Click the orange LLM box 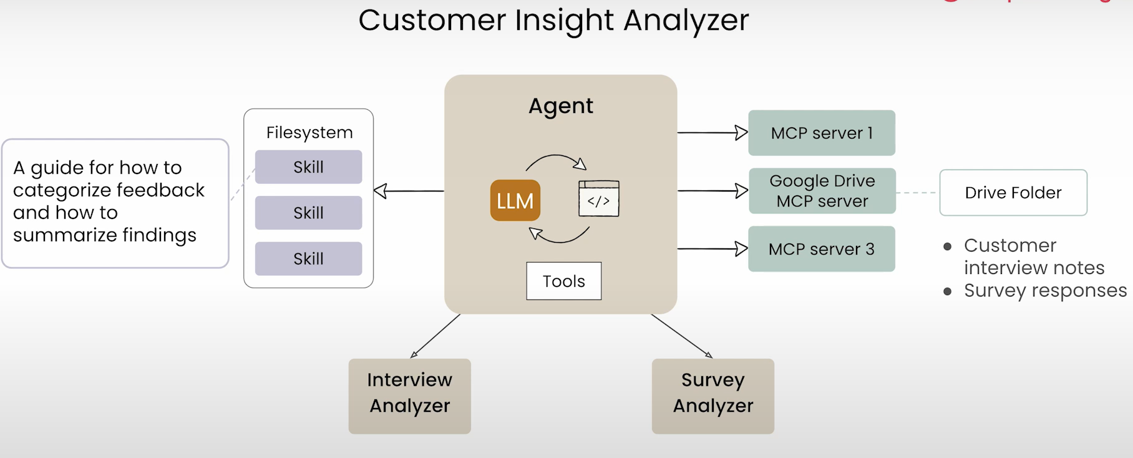point(515,200)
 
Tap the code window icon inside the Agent point(598,198)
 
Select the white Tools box point(563,281)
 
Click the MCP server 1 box point(821,133)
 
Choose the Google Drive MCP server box point(822,191)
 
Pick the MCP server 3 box point(821,249)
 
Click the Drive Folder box point(1013,193)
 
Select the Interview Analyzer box point(409,396)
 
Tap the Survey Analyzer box point(712,396)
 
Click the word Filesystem point(309,132)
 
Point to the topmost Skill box point(308,167)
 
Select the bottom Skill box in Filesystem point(308,258)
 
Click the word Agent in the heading point(560,105)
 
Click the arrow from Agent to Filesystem point(409,191)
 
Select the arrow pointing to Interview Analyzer point(435,336)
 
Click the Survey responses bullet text point(1045,290)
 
